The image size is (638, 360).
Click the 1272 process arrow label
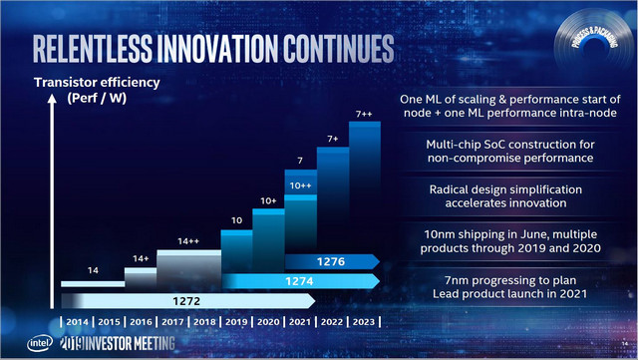point(185,299)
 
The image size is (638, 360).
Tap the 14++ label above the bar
point(187,241)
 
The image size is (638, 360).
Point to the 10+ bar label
point(267,200)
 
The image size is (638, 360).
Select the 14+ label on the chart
point(140,258)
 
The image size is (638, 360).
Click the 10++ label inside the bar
point(299,186)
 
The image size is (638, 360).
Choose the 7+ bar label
point(332,140)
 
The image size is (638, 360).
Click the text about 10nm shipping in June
point(509,236)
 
